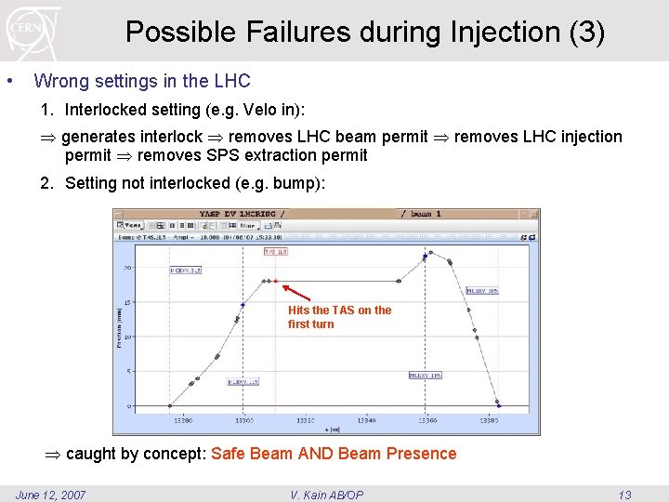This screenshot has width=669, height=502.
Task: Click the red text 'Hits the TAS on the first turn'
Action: click(x=339, y=317)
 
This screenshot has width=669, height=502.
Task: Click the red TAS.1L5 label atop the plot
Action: click(x=276, y=251)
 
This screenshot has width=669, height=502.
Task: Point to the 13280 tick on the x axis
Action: click(x=183, y=420)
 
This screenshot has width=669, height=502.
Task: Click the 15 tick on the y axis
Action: click(x=126, y=302)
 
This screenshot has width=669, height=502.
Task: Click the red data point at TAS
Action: click(x=275, y=281)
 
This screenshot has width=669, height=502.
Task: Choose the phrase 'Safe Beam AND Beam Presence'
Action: click(x=334, y=454)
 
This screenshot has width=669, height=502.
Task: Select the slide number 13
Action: click(x=623, y=495)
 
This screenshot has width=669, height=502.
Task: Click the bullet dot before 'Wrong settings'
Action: click(x=9, y=81)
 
